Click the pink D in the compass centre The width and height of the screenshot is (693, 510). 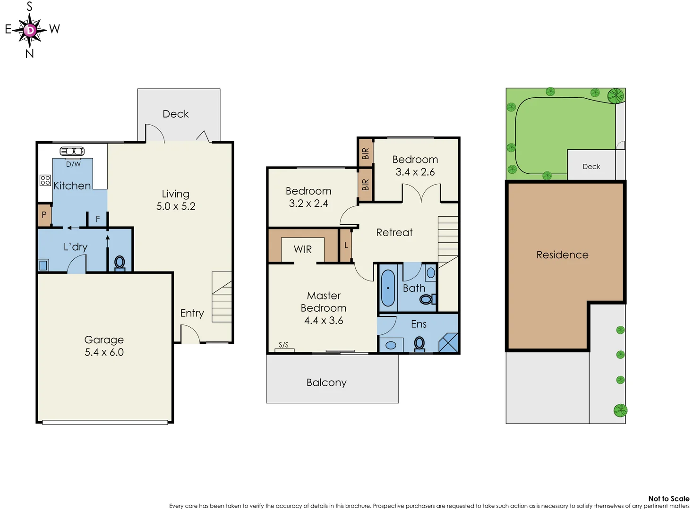tap(30, 30)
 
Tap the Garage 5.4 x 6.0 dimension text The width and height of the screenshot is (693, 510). tap(104, 352)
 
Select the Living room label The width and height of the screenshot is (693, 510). tap(175, 194)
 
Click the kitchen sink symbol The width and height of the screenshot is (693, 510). tap(72, 151)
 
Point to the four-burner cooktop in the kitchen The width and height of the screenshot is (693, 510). tap(45, 180)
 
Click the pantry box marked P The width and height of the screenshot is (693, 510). tap(44, 215)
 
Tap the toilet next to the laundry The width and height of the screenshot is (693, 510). tap(120, 263)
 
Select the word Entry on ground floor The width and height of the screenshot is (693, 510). tap(192, 313)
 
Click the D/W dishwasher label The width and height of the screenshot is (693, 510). tap(73, 164)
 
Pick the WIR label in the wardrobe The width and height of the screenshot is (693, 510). tap(303, 249)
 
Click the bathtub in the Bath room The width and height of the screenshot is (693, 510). tap(388, 288)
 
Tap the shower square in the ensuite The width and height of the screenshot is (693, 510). tap(448, 343)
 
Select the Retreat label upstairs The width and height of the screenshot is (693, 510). tap(394, 232)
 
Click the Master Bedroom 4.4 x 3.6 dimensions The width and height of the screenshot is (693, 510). tap(324, 321)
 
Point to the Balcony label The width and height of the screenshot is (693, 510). tap(326, 382)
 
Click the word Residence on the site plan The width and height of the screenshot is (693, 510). tap(562, 255)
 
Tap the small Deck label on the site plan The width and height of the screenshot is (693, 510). tap(591, 167)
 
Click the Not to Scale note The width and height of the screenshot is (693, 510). tap(668, 499)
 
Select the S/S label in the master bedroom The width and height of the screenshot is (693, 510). tap(283, 345)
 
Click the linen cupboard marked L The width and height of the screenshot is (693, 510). tap(346, 245)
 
